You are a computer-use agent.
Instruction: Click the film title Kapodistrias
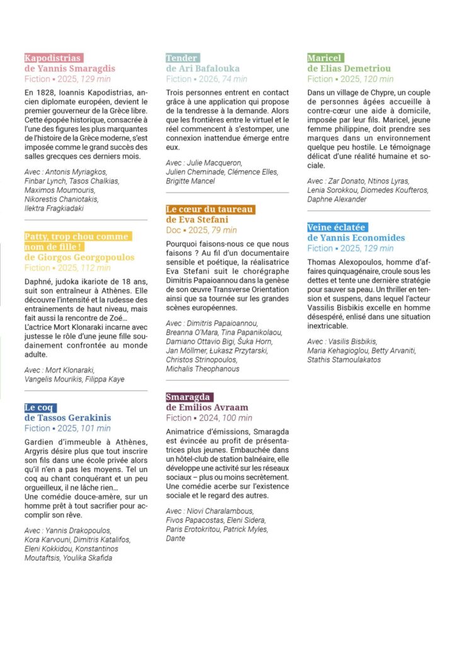(54, 58)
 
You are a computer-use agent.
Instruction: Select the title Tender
(182, 58)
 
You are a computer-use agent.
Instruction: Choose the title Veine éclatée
(337, 227)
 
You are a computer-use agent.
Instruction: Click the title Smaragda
(190, 397)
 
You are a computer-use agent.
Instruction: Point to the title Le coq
(40, 408)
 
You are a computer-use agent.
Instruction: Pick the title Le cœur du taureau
(210, 209)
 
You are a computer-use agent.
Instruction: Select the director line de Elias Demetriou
(349, 68)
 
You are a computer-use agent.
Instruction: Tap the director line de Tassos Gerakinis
(67, 418)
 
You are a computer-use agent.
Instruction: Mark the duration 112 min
(95, 268)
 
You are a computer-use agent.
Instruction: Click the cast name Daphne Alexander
(337, 199)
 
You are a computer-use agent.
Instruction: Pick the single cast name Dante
(176, 539)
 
